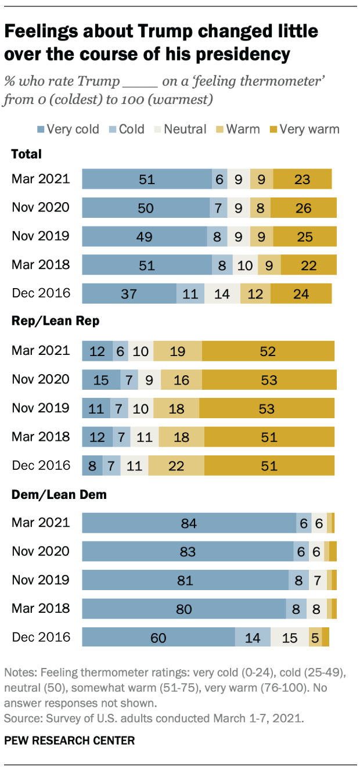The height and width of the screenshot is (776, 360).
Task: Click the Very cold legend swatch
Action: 41,130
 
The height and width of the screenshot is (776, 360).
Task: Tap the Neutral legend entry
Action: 185,129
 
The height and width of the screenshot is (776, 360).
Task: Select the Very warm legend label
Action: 309,129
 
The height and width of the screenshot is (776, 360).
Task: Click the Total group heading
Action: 26,154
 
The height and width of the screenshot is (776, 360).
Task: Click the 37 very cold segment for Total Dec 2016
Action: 129,293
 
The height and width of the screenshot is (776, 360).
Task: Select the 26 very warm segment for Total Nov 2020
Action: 303,207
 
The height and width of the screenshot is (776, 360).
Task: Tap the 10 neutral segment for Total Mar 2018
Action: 245,265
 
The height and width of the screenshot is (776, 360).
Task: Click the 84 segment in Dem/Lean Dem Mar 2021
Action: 189,523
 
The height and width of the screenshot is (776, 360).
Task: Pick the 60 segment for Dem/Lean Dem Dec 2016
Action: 158,637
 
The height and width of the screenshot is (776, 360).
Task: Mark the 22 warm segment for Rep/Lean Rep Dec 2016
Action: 176,465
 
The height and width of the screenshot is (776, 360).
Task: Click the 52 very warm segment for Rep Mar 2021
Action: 268,351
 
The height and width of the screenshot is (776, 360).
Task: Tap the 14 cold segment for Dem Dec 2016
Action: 253,637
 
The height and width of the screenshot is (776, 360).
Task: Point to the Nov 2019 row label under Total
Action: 41,236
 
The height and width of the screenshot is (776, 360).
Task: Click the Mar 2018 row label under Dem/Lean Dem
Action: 41,608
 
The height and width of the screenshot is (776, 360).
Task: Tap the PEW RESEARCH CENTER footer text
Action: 70,741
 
